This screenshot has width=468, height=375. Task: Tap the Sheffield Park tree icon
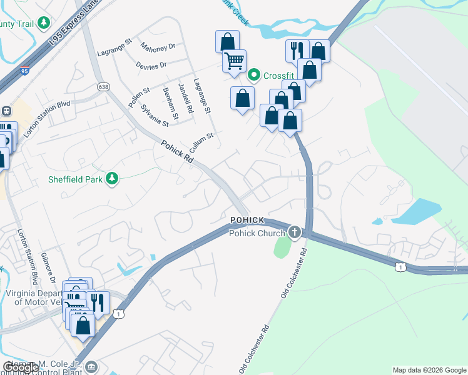point(112,179)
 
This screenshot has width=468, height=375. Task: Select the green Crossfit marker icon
point(254,76)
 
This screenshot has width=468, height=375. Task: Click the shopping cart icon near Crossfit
point(234,61)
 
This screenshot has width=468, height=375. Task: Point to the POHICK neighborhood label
point(247,221)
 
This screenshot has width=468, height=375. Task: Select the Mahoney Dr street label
point(158,47)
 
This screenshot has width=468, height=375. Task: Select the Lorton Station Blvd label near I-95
point(48,119)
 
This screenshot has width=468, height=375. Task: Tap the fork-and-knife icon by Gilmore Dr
point(96,302)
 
